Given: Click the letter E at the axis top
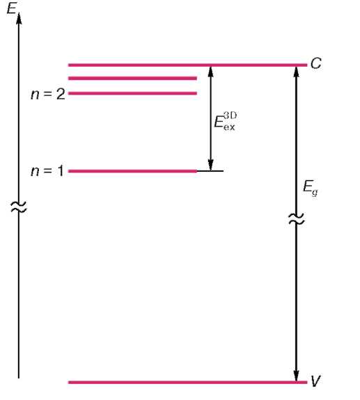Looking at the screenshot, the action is click(x=11, y=8).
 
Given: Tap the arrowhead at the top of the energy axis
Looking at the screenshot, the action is click(x=19, y=18).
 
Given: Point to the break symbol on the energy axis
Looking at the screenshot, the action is click(x=18, y=207).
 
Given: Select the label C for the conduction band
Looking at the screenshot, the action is click(x=316, y=63).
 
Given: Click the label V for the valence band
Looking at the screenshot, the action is click(x=315, y=381).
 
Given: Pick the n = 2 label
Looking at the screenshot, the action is click(x=48, y=94).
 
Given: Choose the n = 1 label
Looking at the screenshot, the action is click(x=47, y=171).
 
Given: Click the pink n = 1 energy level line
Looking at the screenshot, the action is click(x=132, y=171).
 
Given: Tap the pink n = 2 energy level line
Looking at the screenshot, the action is click(x=132, y=93).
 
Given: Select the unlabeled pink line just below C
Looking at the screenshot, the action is click(x=132, y=79).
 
